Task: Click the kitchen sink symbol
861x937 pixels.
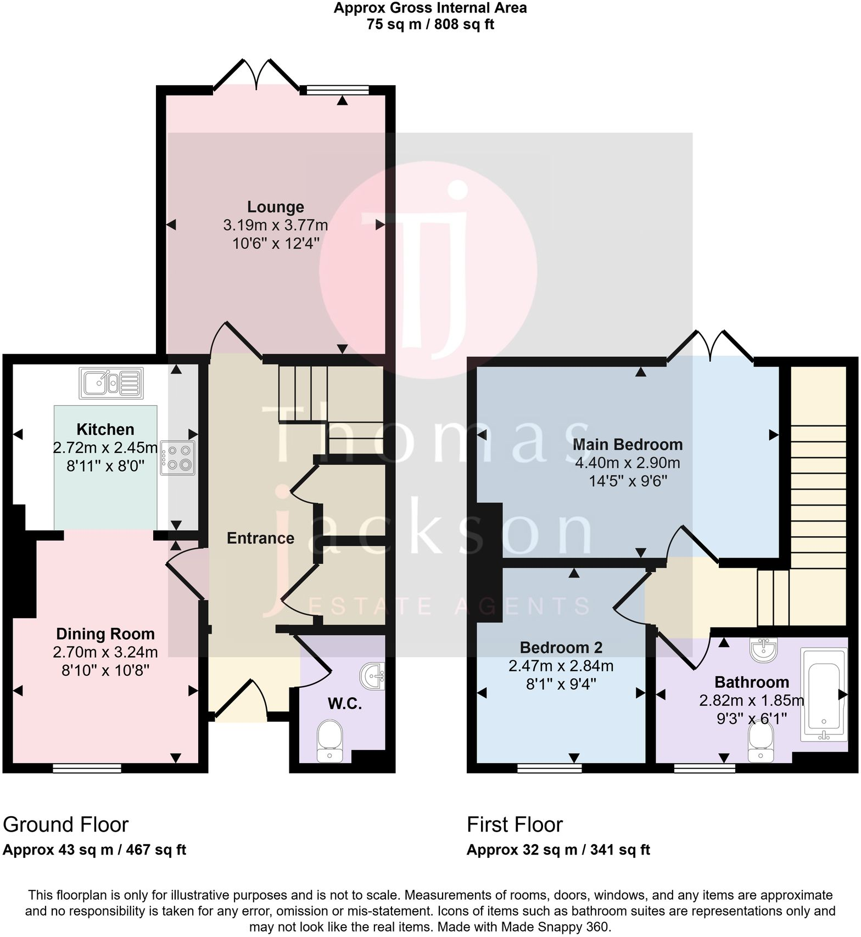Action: [111, 383]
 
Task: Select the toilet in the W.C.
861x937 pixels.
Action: [330, 742]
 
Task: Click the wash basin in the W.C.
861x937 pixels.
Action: [373, 676]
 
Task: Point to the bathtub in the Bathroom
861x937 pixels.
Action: [824, 695]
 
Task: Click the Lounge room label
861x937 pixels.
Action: [276, 207]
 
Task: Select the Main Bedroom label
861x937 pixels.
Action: [628, 445]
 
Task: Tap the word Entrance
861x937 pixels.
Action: [261, 538]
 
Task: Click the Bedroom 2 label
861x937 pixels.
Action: [561, 648]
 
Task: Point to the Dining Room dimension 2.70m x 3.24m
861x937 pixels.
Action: [105, 652]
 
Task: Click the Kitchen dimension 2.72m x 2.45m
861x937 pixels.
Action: [105, 448]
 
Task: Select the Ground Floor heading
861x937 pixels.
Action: [66, 824]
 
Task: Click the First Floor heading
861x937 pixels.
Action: [515, 824]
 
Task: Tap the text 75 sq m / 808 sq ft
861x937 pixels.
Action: [431, 25]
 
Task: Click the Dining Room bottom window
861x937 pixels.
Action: [87, 768]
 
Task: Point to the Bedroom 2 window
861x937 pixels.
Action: [550, 768]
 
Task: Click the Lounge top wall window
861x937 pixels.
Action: [334, 91]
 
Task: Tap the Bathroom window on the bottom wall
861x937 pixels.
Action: [705, 768]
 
